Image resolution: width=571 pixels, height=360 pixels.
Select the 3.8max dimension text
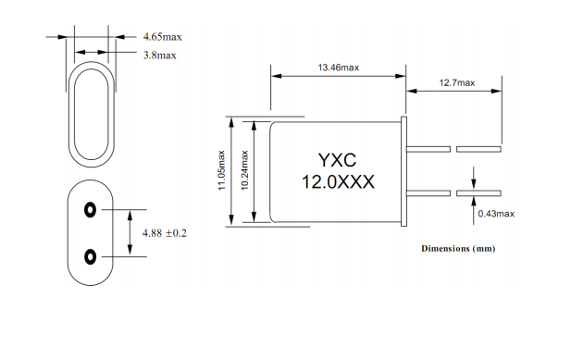(x=159, y=56)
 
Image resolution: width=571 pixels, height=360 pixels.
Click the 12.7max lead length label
(x=456, y=83)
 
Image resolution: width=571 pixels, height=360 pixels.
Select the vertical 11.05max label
(x=220, y=170)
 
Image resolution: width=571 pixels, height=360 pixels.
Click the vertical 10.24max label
(x=244, y=170)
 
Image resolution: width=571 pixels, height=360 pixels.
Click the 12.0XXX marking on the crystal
(x=338, y=181)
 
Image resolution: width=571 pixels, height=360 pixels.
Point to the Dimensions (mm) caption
(x=458, y=249)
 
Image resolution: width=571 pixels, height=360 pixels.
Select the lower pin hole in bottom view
(x=90, y=254)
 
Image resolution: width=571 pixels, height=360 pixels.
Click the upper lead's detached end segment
(x=478, y=148)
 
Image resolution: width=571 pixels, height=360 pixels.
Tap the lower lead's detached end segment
(x=478, y=193)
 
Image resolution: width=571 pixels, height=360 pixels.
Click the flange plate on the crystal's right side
(x=404, y=170)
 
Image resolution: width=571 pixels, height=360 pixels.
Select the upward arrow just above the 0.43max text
(x=475, y=202)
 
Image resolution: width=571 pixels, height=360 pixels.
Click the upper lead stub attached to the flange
(x=429, y=148)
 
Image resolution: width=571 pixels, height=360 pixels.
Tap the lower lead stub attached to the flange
(x=429, y=193)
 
